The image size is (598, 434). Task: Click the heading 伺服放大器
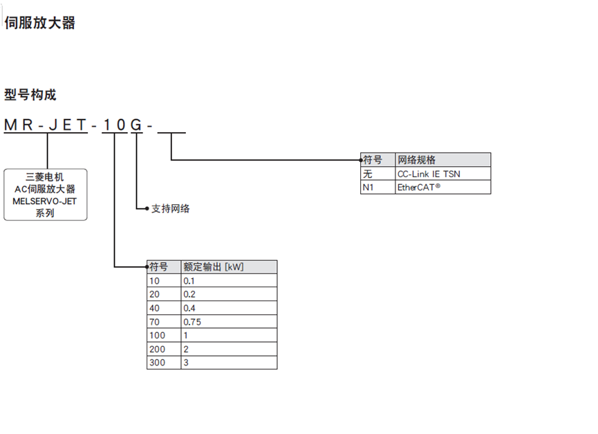point(39,23)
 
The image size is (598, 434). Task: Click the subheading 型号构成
point(30,95)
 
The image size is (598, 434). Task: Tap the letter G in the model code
point(136,125)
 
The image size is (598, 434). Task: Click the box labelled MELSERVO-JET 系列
point(46,195)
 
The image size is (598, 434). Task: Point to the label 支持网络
point(170,208)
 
